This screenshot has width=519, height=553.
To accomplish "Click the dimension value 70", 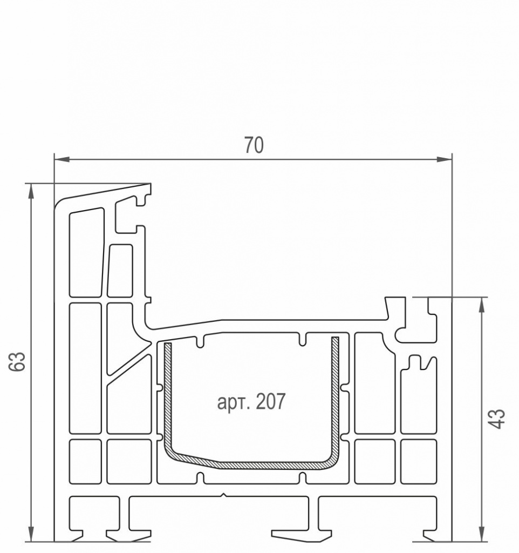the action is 254,145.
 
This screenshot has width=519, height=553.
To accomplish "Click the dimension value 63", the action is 17,361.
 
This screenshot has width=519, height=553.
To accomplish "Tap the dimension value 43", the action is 497,419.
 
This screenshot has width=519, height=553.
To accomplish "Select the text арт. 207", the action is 251,401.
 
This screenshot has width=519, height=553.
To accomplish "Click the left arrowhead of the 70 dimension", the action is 62,159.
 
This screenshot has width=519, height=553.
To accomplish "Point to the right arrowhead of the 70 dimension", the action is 445,159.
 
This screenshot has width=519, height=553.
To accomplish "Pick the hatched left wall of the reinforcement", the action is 168,395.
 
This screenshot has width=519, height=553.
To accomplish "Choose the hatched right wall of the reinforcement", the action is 335,395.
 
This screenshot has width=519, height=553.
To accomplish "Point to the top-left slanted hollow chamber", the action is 87,253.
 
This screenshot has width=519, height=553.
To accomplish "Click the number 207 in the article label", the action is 271,401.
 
